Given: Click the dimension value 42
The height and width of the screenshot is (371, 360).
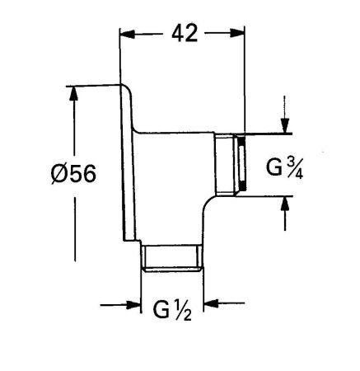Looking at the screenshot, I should pos(183,35).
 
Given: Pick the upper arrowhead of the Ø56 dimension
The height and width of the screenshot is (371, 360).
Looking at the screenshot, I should pos(75,92).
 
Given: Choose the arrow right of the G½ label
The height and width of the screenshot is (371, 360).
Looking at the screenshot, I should pos(211,307).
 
